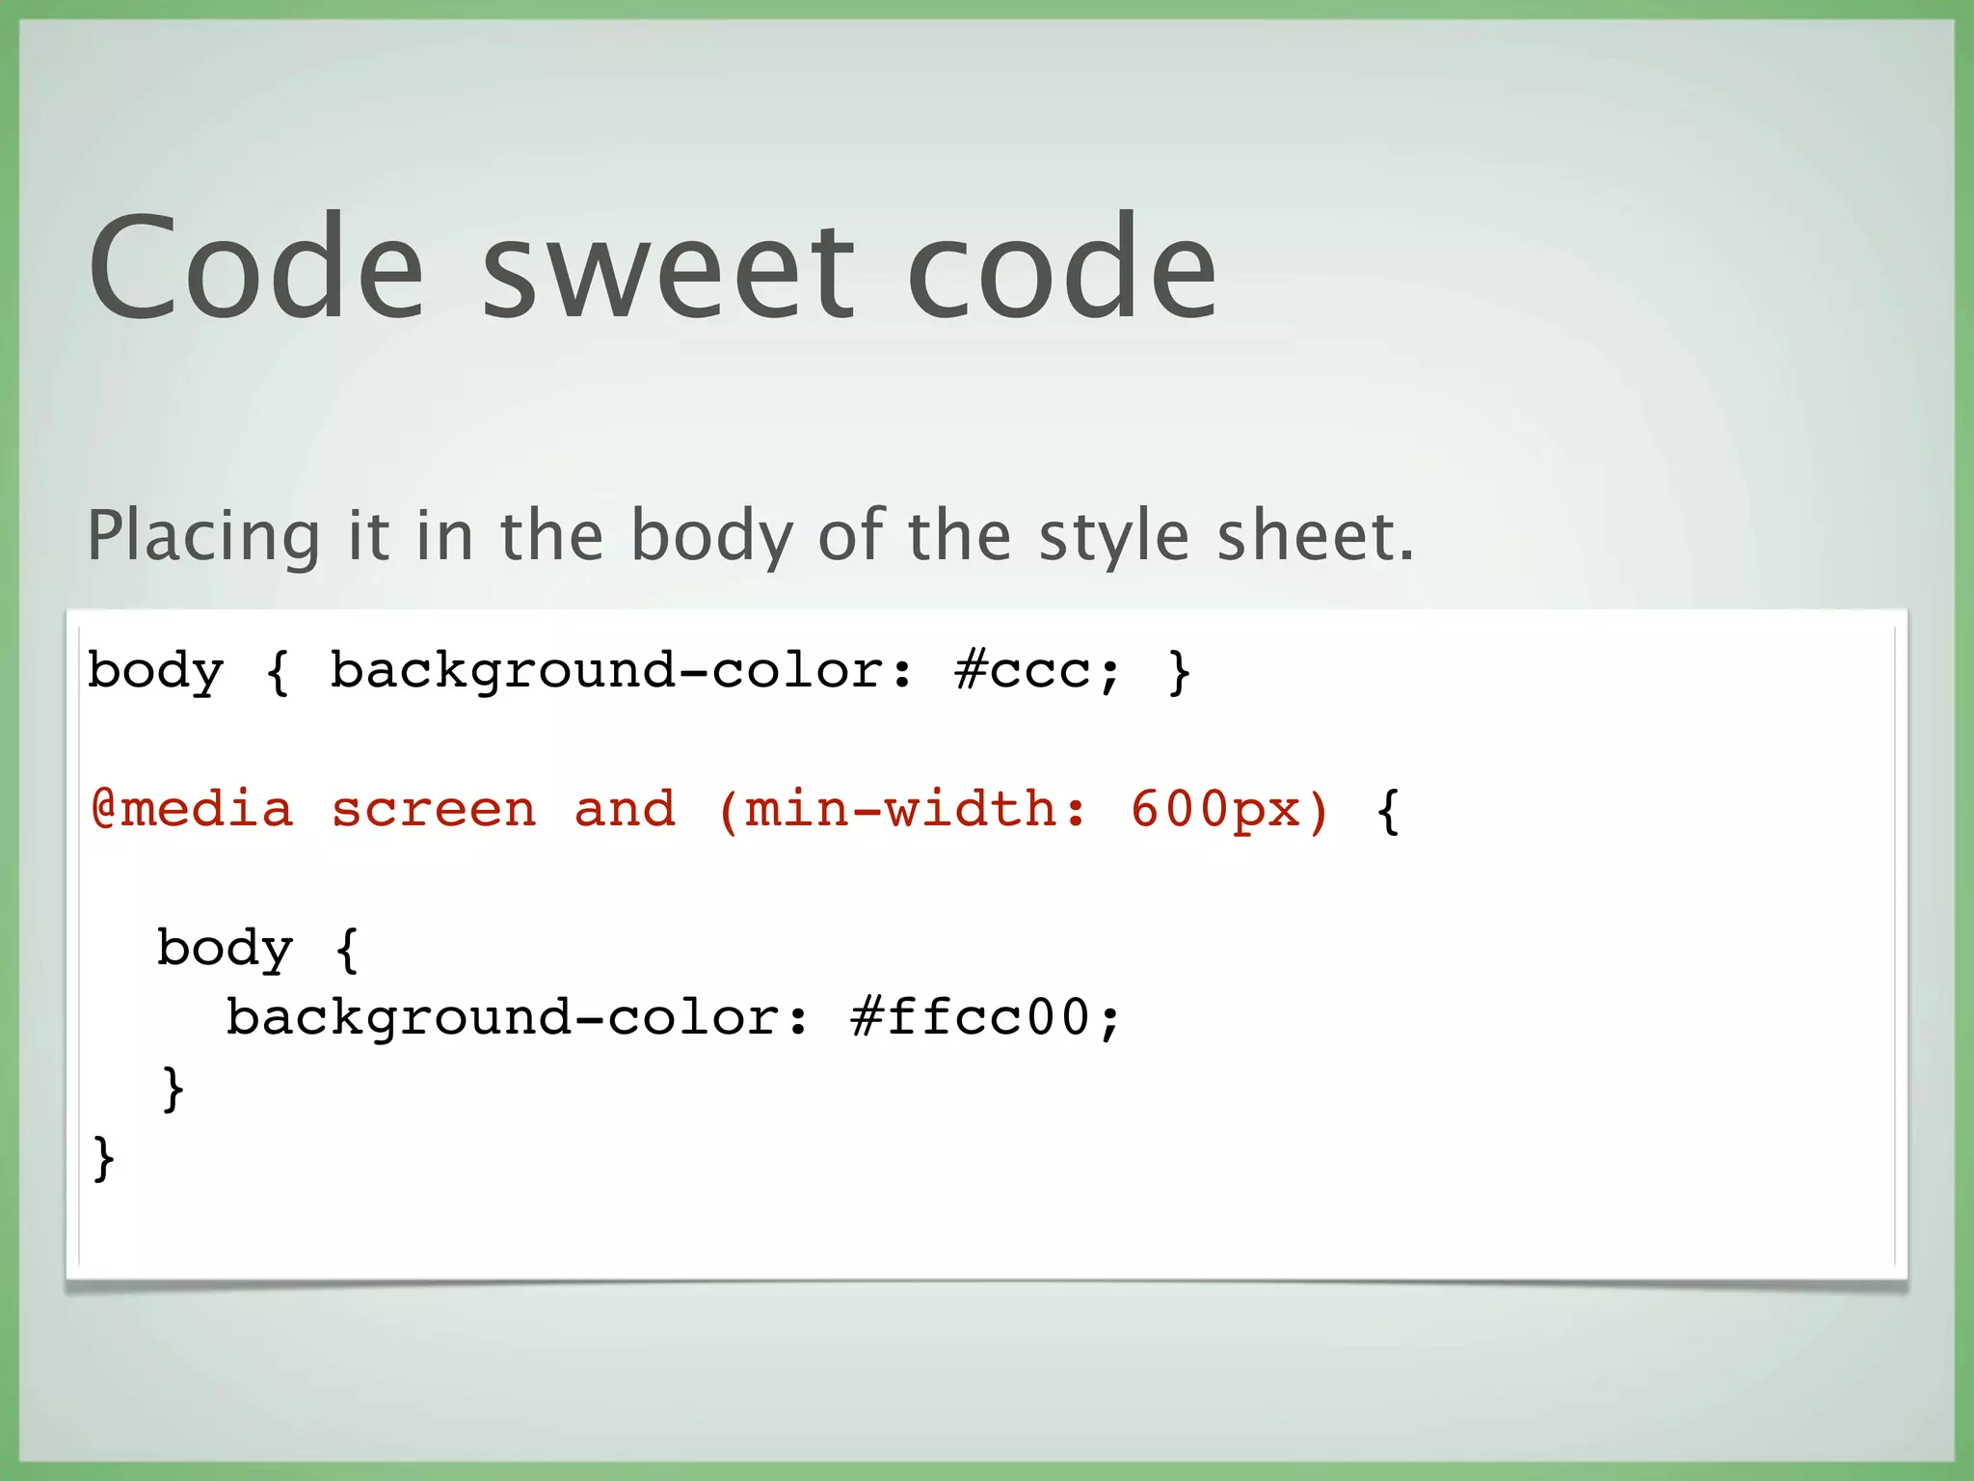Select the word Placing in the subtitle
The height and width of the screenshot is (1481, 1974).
(203, 536)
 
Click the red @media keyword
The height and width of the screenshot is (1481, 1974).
(192, 809)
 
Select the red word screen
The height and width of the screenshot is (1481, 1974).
(434, 809)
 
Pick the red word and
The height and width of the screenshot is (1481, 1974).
(625, 809)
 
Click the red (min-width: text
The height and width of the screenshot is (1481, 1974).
(902, 809)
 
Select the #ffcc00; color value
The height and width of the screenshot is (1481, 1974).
(986, 1018)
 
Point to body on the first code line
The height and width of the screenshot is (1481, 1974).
(155, 671)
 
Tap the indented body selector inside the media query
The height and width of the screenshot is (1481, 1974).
(225, 949)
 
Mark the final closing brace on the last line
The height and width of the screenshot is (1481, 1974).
(103, 1157)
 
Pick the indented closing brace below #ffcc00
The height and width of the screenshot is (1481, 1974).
(173, 1088)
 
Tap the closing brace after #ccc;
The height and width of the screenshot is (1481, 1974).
(1179, 671)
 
